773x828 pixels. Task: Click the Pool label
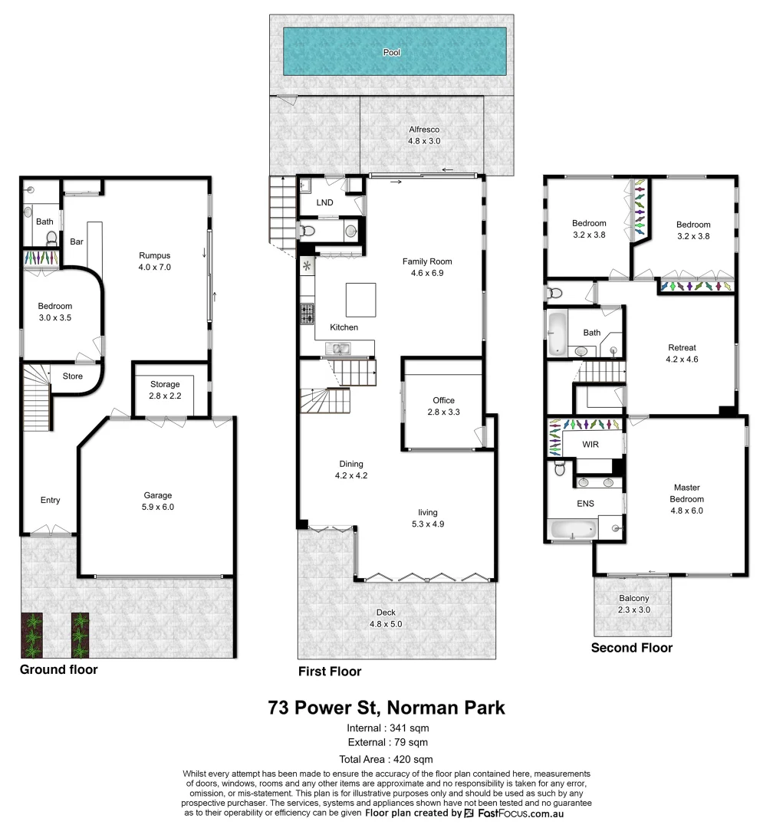(392, 53)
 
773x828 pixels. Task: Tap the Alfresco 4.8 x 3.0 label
(424, 136)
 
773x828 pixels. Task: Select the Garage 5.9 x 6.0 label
(158, 501)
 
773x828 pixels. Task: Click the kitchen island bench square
(360, 299)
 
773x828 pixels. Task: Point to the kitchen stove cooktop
(307, 314)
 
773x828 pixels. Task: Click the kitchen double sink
(338, 350)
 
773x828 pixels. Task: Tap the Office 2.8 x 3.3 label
(443, 406)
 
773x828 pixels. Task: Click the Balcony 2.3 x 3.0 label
(633, 603)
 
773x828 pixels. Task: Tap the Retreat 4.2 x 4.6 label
(682, 353)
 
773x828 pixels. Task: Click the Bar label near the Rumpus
(77, 241)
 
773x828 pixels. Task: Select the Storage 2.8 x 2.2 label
(165, 389)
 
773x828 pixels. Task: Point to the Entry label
(50, 501)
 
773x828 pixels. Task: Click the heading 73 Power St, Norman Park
(386, 706)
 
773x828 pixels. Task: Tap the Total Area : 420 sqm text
(386, 759)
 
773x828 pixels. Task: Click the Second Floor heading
(631, 648)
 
